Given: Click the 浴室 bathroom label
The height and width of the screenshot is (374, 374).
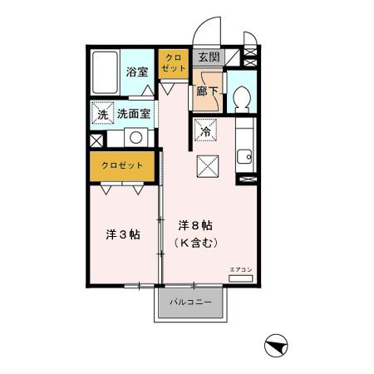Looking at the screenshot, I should [x=135, y=72].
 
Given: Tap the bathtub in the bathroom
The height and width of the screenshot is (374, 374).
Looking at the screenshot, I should [x=105, y=74].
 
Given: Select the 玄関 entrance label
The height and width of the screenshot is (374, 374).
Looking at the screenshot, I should [x=207, y=57].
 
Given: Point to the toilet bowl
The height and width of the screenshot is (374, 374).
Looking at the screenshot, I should [x=243, y=99].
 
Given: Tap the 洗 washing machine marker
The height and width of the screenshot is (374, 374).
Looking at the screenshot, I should [x=102, y=113].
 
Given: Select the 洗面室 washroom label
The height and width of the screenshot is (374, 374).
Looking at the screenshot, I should [x=133, y=113].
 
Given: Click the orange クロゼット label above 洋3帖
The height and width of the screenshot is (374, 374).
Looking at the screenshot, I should [x=123, y=165].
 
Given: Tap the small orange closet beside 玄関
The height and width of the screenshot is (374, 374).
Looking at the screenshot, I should [x=174, y=65].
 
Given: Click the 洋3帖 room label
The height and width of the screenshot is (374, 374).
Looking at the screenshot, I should [x=122, y=234].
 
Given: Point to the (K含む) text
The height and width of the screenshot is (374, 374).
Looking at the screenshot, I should [x=196, y=243].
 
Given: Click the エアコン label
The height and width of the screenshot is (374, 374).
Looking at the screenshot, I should [x=239, y=269].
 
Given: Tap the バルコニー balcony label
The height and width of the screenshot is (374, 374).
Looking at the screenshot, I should [x=191, y=303].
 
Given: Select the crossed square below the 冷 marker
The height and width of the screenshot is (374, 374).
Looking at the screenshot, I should [x=206, y=165].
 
